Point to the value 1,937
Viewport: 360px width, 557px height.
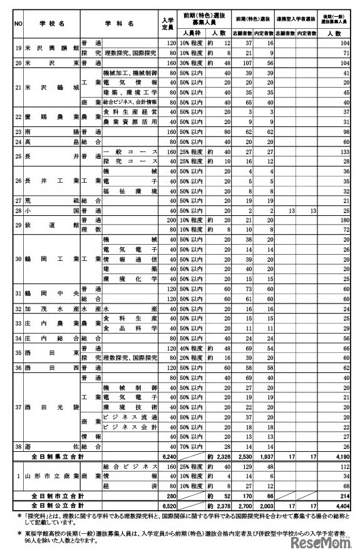click(264, 457)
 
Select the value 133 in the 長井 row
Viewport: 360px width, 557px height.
click(341, 152)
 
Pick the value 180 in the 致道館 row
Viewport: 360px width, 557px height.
click(341, 220)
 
